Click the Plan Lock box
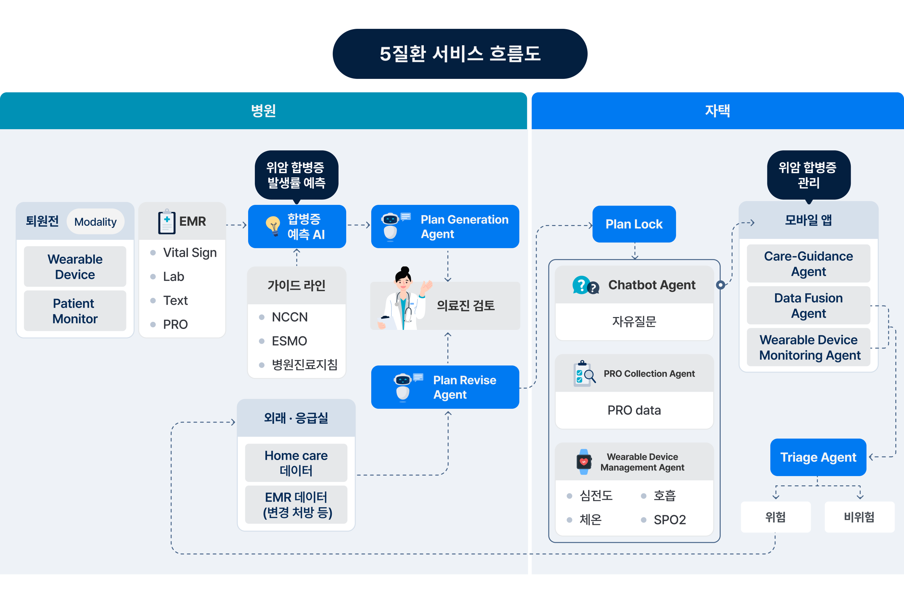(634, 224)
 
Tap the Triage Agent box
(818, 457)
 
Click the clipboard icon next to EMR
(167, 222)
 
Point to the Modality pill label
(95, 222)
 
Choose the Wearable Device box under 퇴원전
(75, 266)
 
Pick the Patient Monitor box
(75, 311)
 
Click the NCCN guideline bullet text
(290, 317)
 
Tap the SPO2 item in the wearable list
(669, 520)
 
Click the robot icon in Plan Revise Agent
(403, 387)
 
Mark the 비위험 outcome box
(859, 517)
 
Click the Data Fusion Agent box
(808, 306)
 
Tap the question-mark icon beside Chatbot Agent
(585, 285)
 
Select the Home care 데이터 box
(296, 463)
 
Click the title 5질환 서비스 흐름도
(460, 54)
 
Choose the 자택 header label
(717, 111)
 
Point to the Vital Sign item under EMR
(189, 253)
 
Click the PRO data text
(634, 410)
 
